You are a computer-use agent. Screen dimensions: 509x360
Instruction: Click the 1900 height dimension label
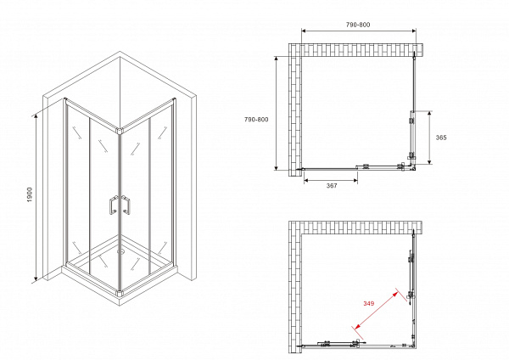[30, 194]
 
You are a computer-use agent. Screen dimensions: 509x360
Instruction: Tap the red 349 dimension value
[368, 303]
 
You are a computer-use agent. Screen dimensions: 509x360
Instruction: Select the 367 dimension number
[332, 185]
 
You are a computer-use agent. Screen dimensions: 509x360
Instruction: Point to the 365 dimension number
[441, 138]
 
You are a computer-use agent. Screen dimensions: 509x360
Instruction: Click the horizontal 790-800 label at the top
[358, 25]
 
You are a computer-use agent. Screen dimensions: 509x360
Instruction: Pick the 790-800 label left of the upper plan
[256, 119]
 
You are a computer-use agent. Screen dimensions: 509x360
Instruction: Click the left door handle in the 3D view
[114, 205]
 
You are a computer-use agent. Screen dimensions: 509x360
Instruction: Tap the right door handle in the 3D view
[126, 205]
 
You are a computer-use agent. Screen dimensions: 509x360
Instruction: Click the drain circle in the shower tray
[120, 250]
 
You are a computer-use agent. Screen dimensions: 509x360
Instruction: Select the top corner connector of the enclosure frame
[120, 131]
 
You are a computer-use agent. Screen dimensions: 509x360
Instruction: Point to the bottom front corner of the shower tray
[120, 305]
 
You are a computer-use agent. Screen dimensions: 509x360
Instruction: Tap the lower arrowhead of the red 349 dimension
[356, 326]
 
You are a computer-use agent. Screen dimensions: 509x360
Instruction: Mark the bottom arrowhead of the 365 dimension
[429, 162]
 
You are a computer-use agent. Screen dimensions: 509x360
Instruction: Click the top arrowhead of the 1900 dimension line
[36, 115]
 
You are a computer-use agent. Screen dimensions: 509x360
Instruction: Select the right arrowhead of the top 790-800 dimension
[414, 31]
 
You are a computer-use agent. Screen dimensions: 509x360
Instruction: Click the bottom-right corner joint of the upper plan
[413, 168]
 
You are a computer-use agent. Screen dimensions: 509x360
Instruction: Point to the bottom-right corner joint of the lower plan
[413, 346]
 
